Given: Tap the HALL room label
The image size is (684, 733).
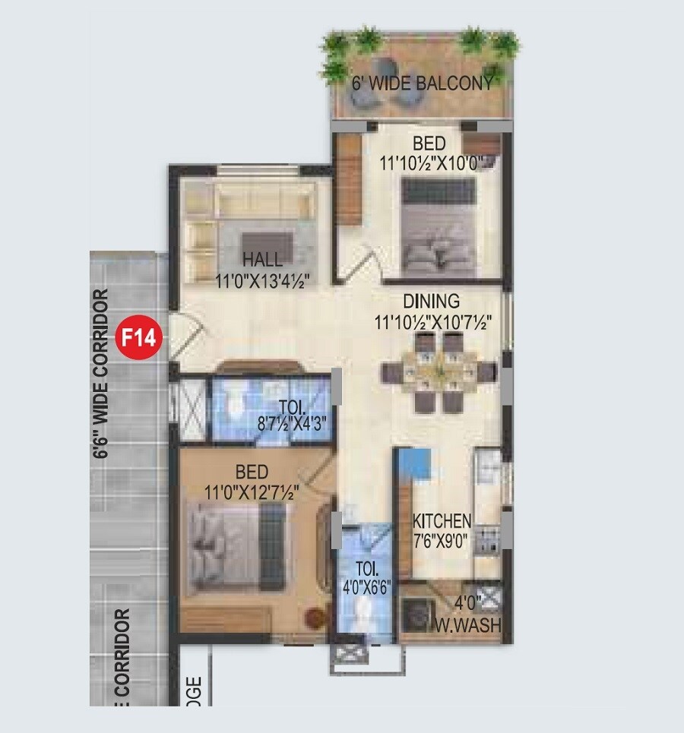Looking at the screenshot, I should (x=262, y=260).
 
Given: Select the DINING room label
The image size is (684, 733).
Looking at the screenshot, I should (x=431, y=301).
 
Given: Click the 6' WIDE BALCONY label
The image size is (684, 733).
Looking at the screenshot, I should (x=423, y=83).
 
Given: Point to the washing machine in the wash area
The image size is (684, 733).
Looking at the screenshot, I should (x=416, y=612).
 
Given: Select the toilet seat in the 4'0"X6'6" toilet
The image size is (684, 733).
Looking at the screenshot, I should (x=366, y=612).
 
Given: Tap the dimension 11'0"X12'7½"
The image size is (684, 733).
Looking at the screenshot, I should (x=252, y=491).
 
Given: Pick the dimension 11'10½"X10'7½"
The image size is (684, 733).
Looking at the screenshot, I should (x=430, y=322).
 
